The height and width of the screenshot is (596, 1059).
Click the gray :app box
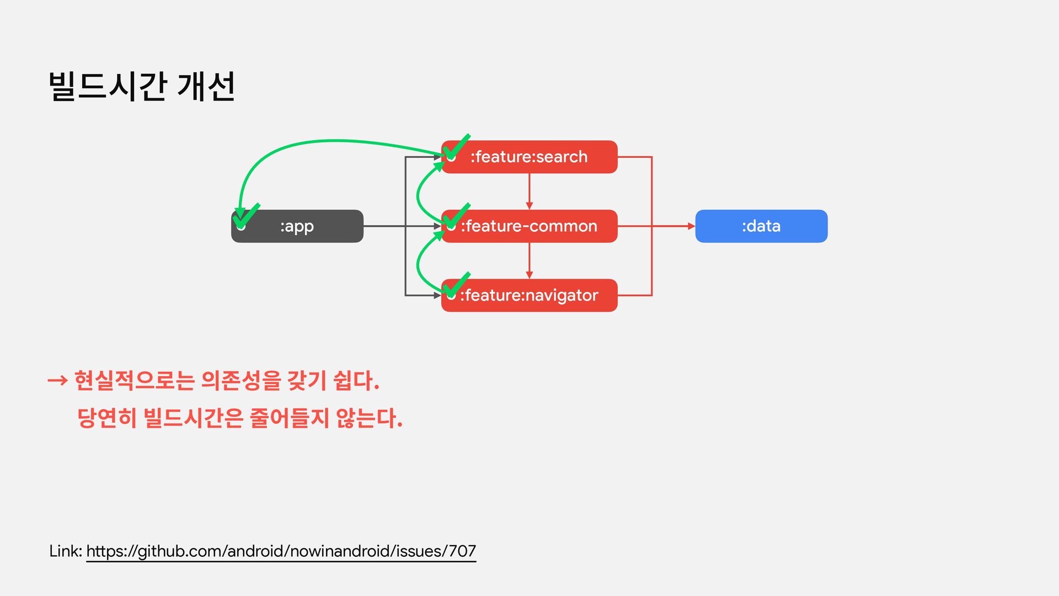pyautogui.click(x=297, y=226)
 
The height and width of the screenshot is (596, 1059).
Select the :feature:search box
pyautogui.click(x=529, y=157)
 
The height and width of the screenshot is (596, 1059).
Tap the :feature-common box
pyautogui.click(x=529, y=226)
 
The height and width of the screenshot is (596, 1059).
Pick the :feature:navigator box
pyautogui.click(x=529, y=295)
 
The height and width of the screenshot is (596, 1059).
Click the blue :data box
pyautogui.click(x=761, y=226)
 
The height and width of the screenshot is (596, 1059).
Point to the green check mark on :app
pyautogui.click(x=246, y=216)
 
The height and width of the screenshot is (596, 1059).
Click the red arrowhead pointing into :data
pyautogui.click(x=691, y=226)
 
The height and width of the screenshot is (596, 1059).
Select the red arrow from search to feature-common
pyautogui.click(x=529, y=191)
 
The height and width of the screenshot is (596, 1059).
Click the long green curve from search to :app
pyautogui.click(x=331, y=141)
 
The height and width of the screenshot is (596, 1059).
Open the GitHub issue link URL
pyautogui.click(x=281, y=551)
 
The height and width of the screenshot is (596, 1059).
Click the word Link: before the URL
pyautogui.click(x=66, y=551)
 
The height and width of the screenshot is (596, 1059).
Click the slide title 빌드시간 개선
pyautogui.click(x=142, y=87)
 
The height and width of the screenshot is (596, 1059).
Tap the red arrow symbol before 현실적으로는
pyautogui.click(x=57, y=380)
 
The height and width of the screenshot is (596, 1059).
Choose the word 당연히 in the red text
pyautogui.click(x=106, y=418)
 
